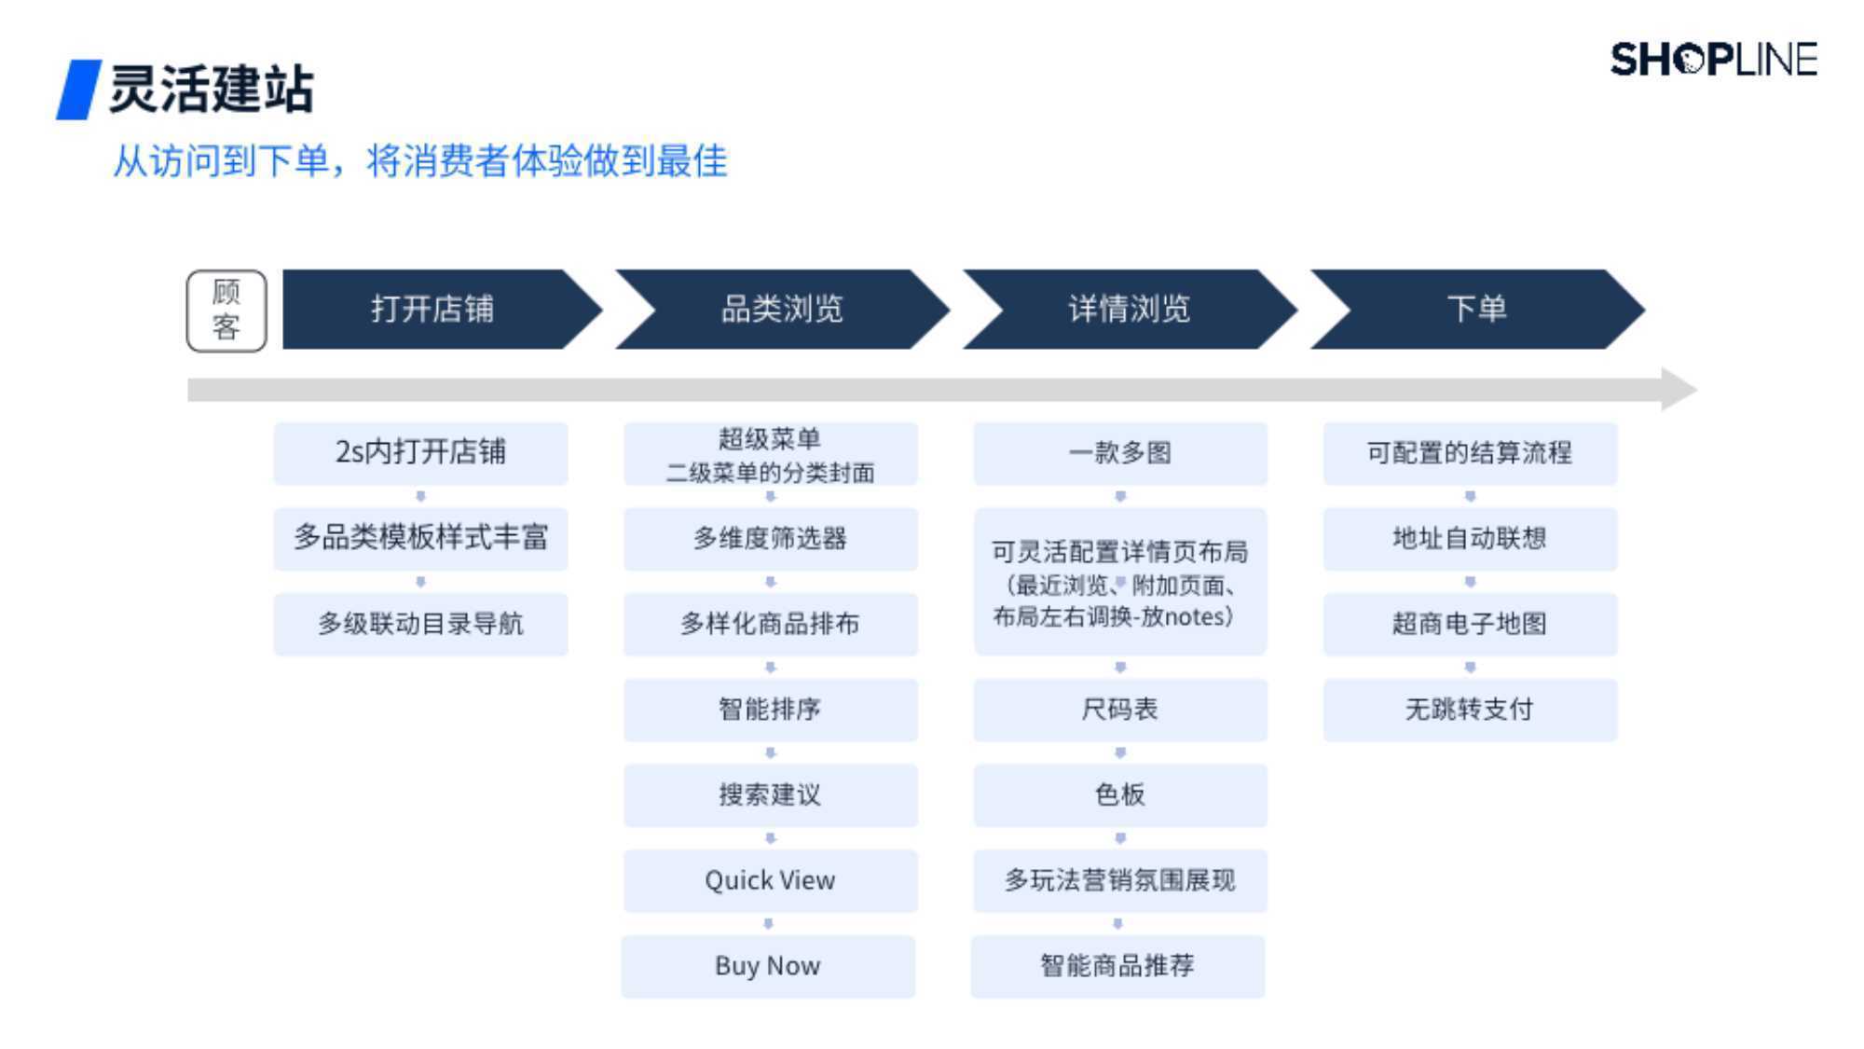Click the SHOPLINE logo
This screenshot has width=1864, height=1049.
click(1713, 60)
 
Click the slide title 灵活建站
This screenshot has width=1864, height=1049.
click(212, 90)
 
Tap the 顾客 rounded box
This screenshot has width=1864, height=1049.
click(226, 311)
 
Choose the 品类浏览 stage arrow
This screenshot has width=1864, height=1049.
click(782, 310)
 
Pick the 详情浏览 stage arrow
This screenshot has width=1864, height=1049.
click(1130, 310)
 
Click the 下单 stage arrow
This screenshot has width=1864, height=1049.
click(1477, 310)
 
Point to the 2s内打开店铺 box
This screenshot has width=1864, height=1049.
click(420, 453)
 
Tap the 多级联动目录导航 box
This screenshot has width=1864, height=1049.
click(420, 624)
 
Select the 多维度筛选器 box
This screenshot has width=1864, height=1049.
click(770, 539)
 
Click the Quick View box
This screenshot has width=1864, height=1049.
click(770, 880)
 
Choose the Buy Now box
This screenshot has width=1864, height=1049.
click(768, 966)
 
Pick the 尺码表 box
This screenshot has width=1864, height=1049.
click(1120, 710)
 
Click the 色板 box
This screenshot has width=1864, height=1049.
click(1120, 795)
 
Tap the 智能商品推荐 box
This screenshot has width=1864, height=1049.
click(1117, 966)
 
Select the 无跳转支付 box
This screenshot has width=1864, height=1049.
click(1470, 710)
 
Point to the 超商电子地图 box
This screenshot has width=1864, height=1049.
click(1470, 624)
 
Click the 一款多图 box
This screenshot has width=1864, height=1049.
click(1120, 453)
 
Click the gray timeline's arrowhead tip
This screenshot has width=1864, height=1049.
click(1696, 390)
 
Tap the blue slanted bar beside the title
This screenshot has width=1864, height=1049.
click(79, 90)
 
